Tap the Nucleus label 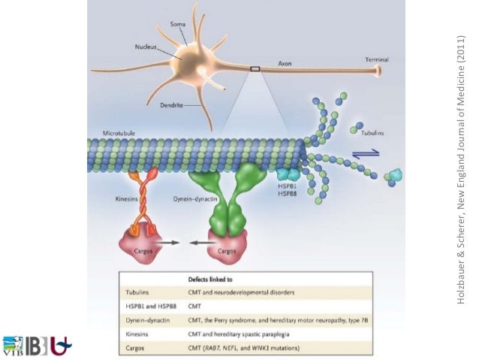[x=146, y=47]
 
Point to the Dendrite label [x=172, y=106]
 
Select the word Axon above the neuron [x=285, y=63]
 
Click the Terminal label [x=377, y=59]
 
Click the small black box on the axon [x=255, y=68]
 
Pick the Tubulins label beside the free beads [x=372, y=132]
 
